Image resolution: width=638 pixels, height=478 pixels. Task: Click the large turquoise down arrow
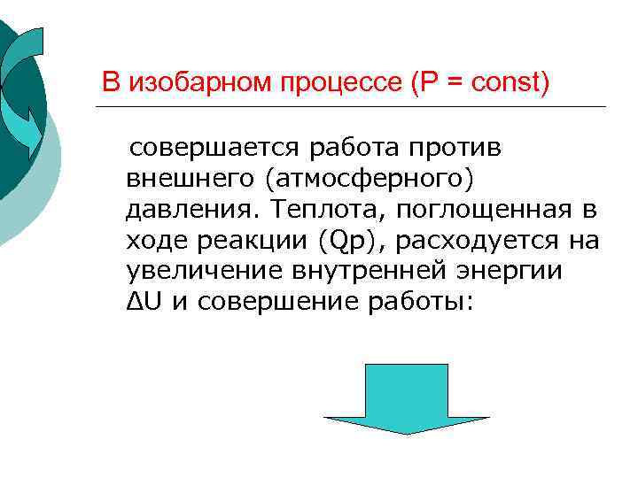point(406,398)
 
